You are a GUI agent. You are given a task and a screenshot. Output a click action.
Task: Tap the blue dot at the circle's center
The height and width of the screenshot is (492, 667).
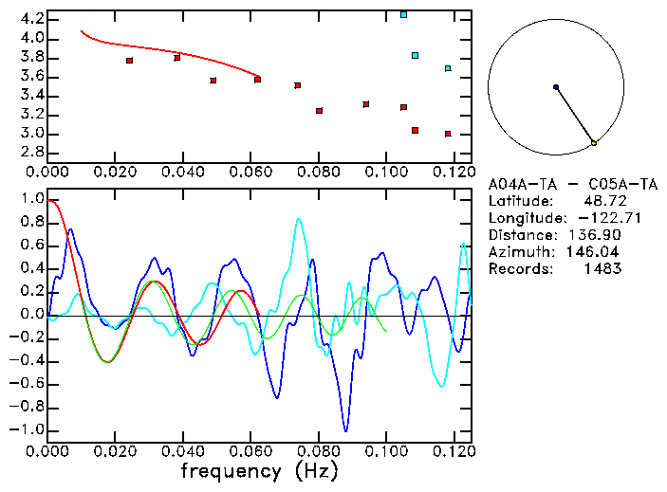pos(556,87)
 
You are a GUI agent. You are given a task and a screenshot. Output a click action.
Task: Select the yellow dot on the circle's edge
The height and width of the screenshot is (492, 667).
pos(594,143)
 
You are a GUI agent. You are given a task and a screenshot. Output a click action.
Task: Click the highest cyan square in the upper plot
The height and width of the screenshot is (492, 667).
pos(403,14)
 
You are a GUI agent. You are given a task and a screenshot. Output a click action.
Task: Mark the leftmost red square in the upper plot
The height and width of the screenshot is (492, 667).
pos(129,61)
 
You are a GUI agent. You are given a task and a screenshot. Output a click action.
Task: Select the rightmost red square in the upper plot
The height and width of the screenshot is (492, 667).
pos(448,134)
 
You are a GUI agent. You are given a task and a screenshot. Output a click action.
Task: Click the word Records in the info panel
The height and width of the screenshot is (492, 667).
pos(519,269)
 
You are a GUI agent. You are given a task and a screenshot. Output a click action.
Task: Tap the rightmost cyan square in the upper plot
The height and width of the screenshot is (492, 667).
pos(448,68)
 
